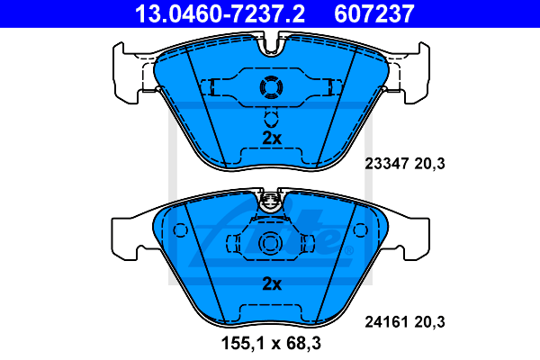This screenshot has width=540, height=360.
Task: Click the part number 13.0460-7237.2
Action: coord(220,13)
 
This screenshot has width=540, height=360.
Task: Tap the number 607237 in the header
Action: coord(374,13)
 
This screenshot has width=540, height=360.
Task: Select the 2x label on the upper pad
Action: coord(272,138)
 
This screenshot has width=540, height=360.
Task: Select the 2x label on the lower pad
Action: coord(272,283)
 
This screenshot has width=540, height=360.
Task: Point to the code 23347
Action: coord(387,163)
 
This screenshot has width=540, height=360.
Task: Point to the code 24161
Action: coord(387,322)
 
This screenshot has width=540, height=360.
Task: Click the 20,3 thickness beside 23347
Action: coord(429,164)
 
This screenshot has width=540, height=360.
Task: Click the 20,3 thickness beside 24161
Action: coord(429,322)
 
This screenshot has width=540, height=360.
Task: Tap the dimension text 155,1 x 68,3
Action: coord(271,343)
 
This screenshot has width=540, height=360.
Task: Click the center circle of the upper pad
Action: coord(271,86)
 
